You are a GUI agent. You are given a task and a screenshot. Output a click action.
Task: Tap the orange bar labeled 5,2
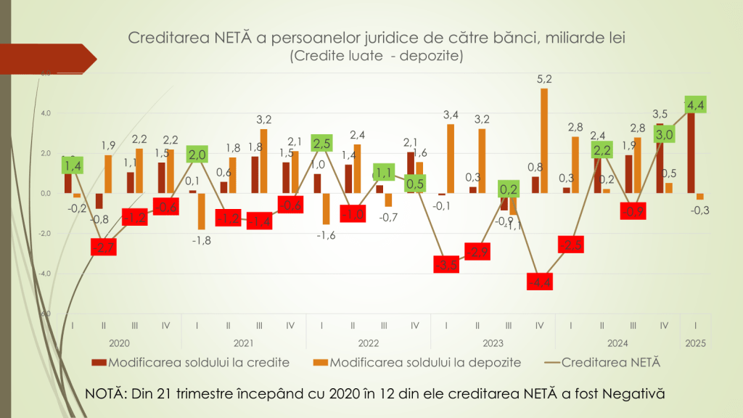click(x=544, y=142)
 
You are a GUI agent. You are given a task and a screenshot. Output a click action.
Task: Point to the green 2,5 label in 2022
click(x=322, y=143)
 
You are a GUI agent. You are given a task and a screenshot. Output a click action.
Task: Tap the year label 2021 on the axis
click(x=243, y=343)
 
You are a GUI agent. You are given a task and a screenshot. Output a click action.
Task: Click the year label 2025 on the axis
click(x=694, y=343)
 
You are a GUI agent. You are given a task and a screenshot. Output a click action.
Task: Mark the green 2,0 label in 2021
click(x=197, y=154)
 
